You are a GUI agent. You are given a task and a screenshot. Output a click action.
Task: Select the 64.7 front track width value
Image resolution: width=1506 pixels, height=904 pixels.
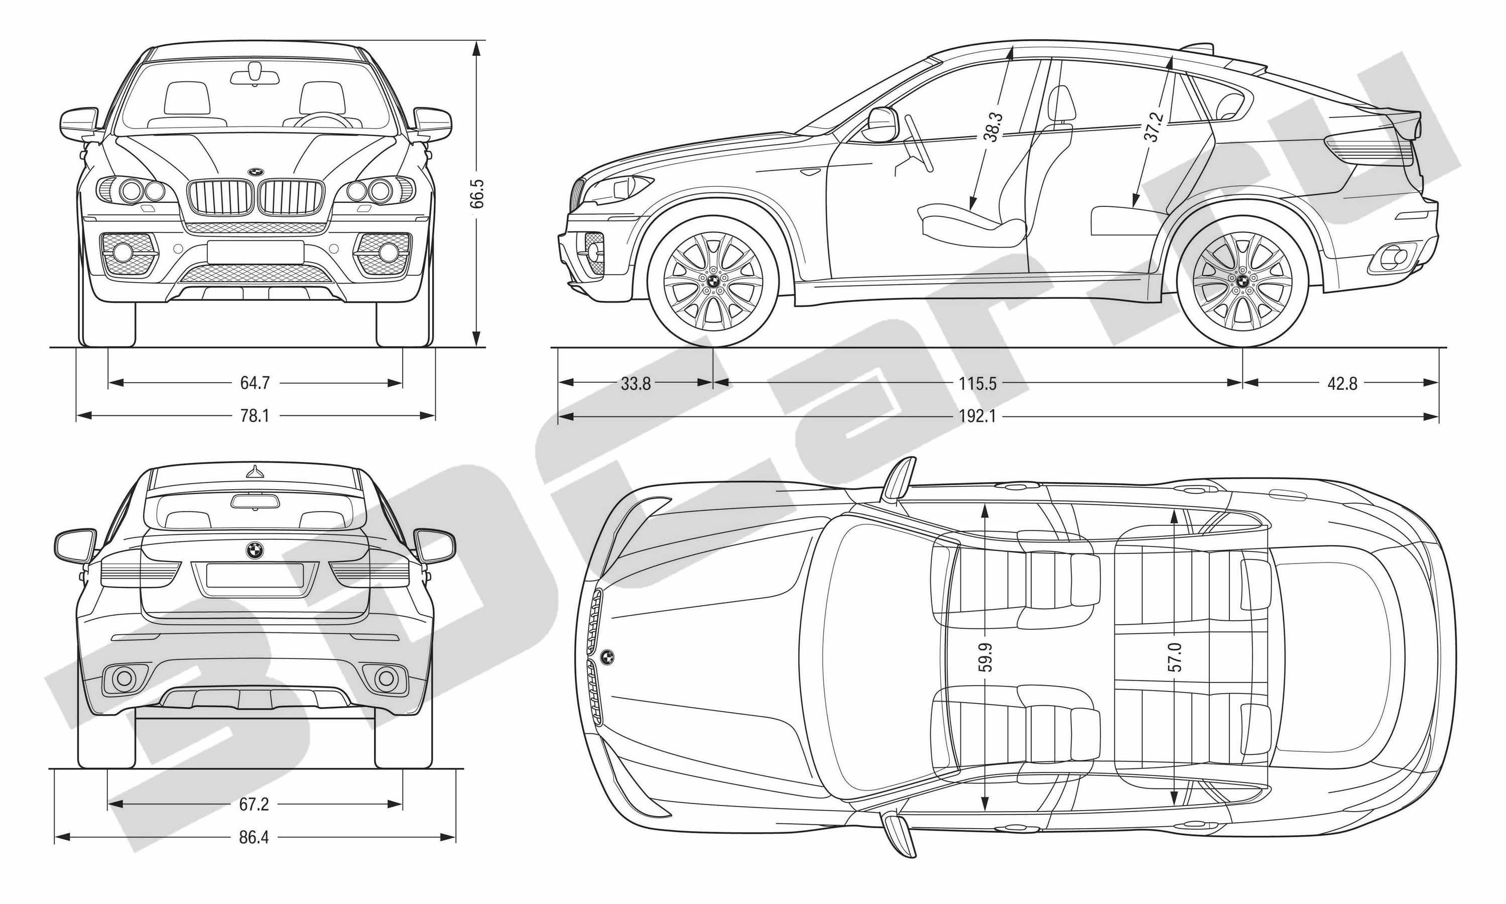(255, 383)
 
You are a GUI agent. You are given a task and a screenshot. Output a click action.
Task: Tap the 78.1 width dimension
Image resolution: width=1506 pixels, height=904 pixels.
(255, 416)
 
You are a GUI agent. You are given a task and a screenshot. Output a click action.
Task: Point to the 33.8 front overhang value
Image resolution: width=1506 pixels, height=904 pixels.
(636, 384)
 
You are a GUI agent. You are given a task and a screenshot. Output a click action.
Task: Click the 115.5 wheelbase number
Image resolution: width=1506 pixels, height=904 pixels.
(977, 384)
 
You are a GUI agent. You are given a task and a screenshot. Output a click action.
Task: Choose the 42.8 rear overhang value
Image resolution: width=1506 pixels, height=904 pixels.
(1342, 384)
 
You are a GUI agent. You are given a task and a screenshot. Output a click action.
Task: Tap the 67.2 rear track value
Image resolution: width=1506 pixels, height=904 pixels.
(254, 805)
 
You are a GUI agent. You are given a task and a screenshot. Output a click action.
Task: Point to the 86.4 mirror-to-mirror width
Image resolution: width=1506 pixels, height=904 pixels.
(254, 838)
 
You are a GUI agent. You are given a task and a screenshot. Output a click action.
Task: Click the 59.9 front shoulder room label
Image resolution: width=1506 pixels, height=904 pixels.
(985, 657)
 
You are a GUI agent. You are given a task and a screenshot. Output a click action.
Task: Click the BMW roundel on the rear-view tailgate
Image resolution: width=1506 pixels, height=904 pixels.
(255, 550)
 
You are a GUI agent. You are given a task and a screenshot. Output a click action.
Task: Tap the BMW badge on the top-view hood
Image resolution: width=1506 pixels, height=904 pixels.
(607, 657)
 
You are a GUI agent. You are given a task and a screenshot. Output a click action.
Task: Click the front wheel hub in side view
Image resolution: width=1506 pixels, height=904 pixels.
(712, 281)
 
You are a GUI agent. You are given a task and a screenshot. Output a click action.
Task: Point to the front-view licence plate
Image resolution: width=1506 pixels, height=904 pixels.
(255, 252)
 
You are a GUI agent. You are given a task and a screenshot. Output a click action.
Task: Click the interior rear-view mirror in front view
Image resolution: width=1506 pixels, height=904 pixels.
(255, 77)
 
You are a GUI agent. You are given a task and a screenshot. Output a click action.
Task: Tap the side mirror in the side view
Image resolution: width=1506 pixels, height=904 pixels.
(883, 124)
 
